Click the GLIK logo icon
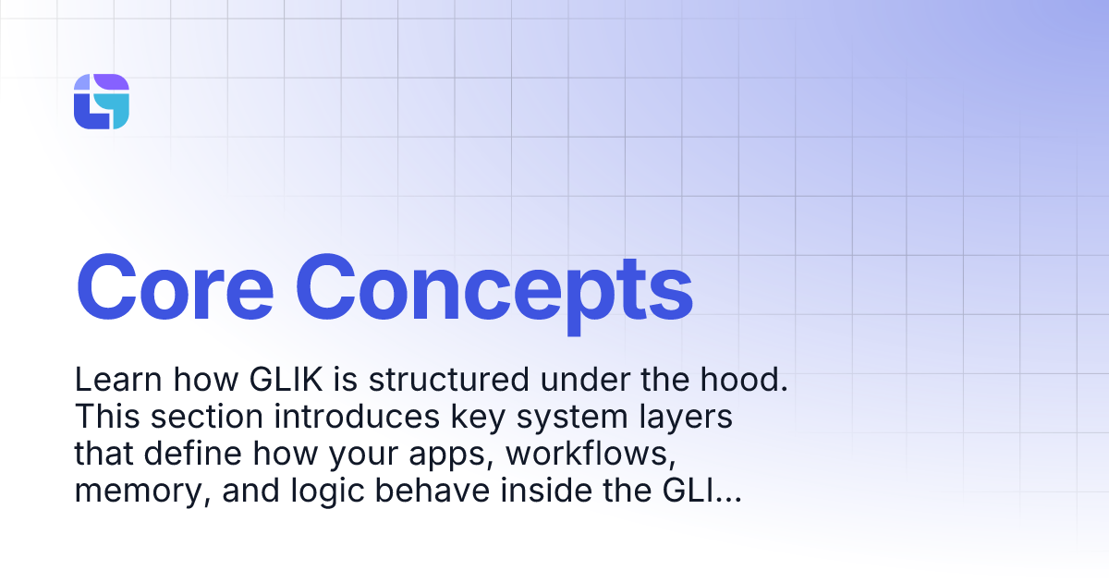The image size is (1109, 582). pyautogui.click(x=101, y=102)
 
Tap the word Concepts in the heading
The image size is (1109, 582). pyautogui.click(x=499, y=287)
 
